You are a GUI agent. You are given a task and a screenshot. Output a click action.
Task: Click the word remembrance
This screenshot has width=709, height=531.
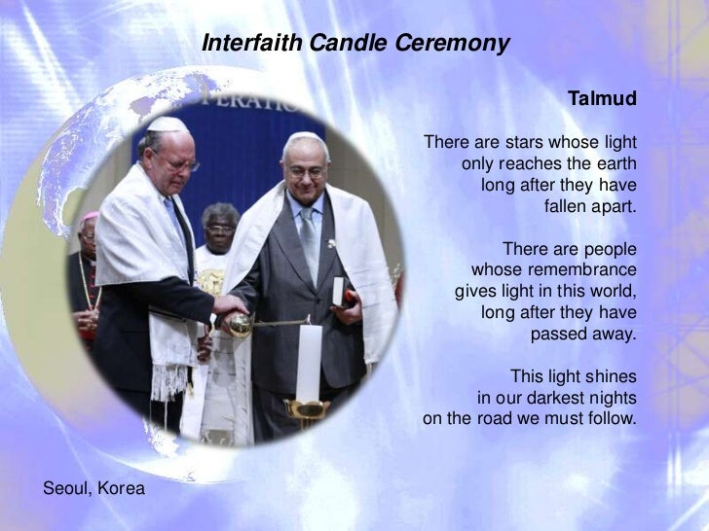pos(582,269)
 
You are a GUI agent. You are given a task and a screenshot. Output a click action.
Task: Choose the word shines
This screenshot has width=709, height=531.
pos(611,376)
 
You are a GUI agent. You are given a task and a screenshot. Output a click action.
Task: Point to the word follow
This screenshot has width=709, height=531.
pos(610,419)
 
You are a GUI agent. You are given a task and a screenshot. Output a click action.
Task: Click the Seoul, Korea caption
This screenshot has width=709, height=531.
pos(94,487)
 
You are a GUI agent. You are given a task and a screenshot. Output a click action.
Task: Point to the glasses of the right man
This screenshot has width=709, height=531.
pos(306,171)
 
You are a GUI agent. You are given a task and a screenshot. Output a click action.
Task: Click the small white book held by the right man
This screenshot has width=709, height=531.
pos(338,291)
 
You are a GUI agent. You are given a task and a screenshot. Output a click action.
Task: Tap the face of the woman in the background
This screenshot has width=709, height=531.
pos(220,230)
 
